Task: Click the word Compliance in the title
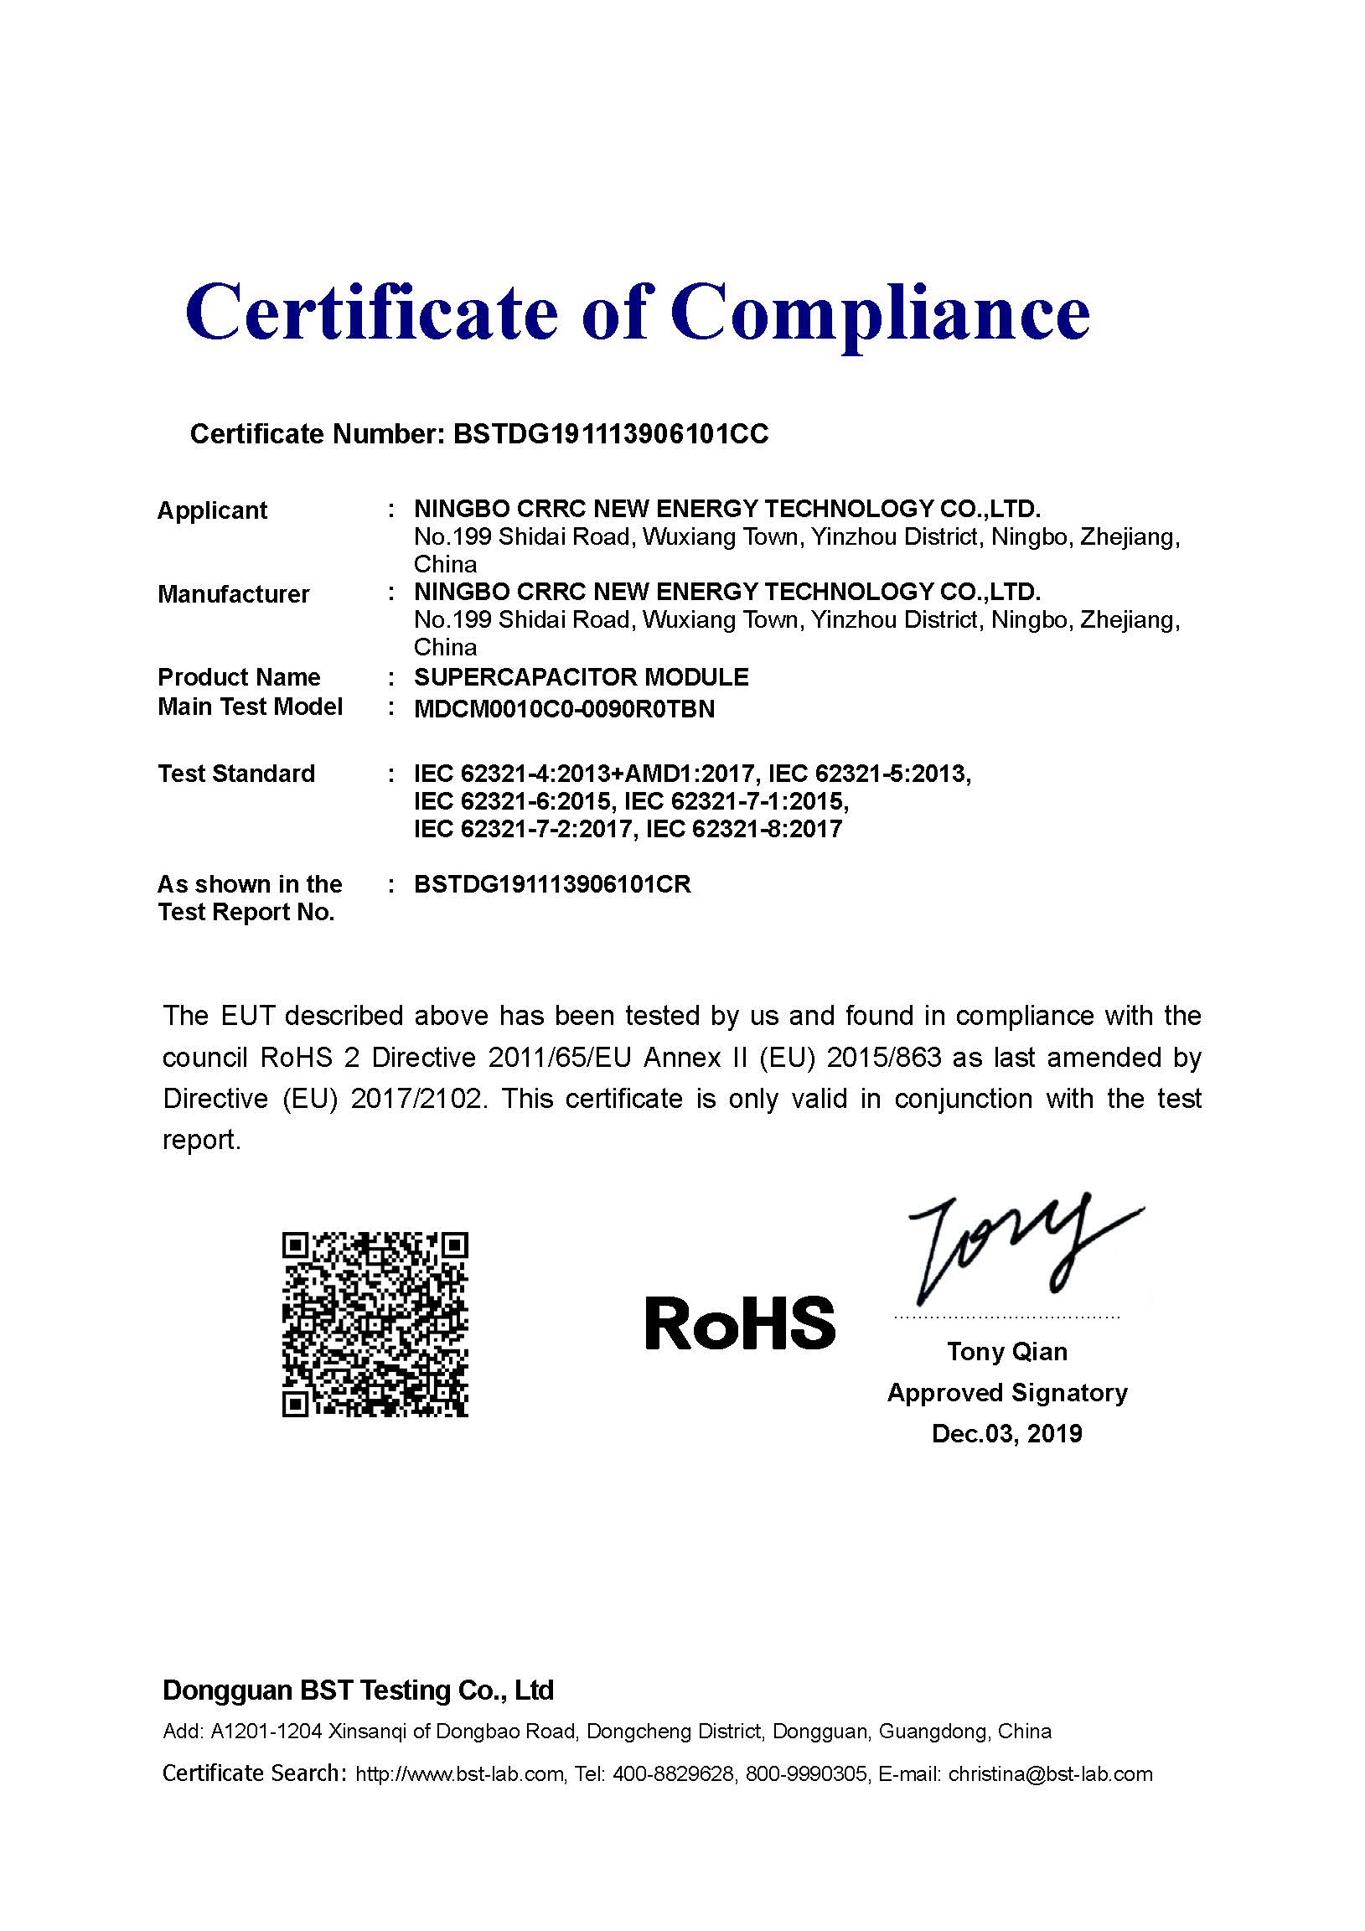(x=880, y=313)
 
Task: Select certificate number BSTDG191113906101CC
(x=611, y=434)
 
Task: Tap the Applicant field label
(x=212, y=510)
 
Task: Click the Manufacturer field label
(x=233, y=594)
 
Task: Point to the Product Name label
(x=239, y=677)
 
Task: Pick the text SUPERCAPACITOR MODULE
(x=582, y=677)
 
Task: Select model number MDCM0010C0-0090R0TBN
(x=564, y=709)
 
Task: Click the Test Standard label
(x=236, y=774)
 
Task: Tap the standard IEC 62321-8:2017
(x=743, y=829)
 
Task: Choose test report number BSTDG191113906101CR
(x=552, y=885)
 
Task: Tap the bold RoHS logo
(x=740, y=1323)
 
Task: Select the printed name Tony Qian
(x=1006, y=1352)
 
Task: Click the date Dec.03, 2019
(x=1006, y=1433)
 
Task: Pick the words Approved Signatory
(x=1006, y=1393)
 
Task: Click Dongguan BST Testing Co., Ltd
(x=359, y=1690)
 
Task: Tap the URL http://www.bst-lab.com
(x=459, y=1774)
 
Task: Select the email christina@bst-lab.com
(x=1051, y=1774)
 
